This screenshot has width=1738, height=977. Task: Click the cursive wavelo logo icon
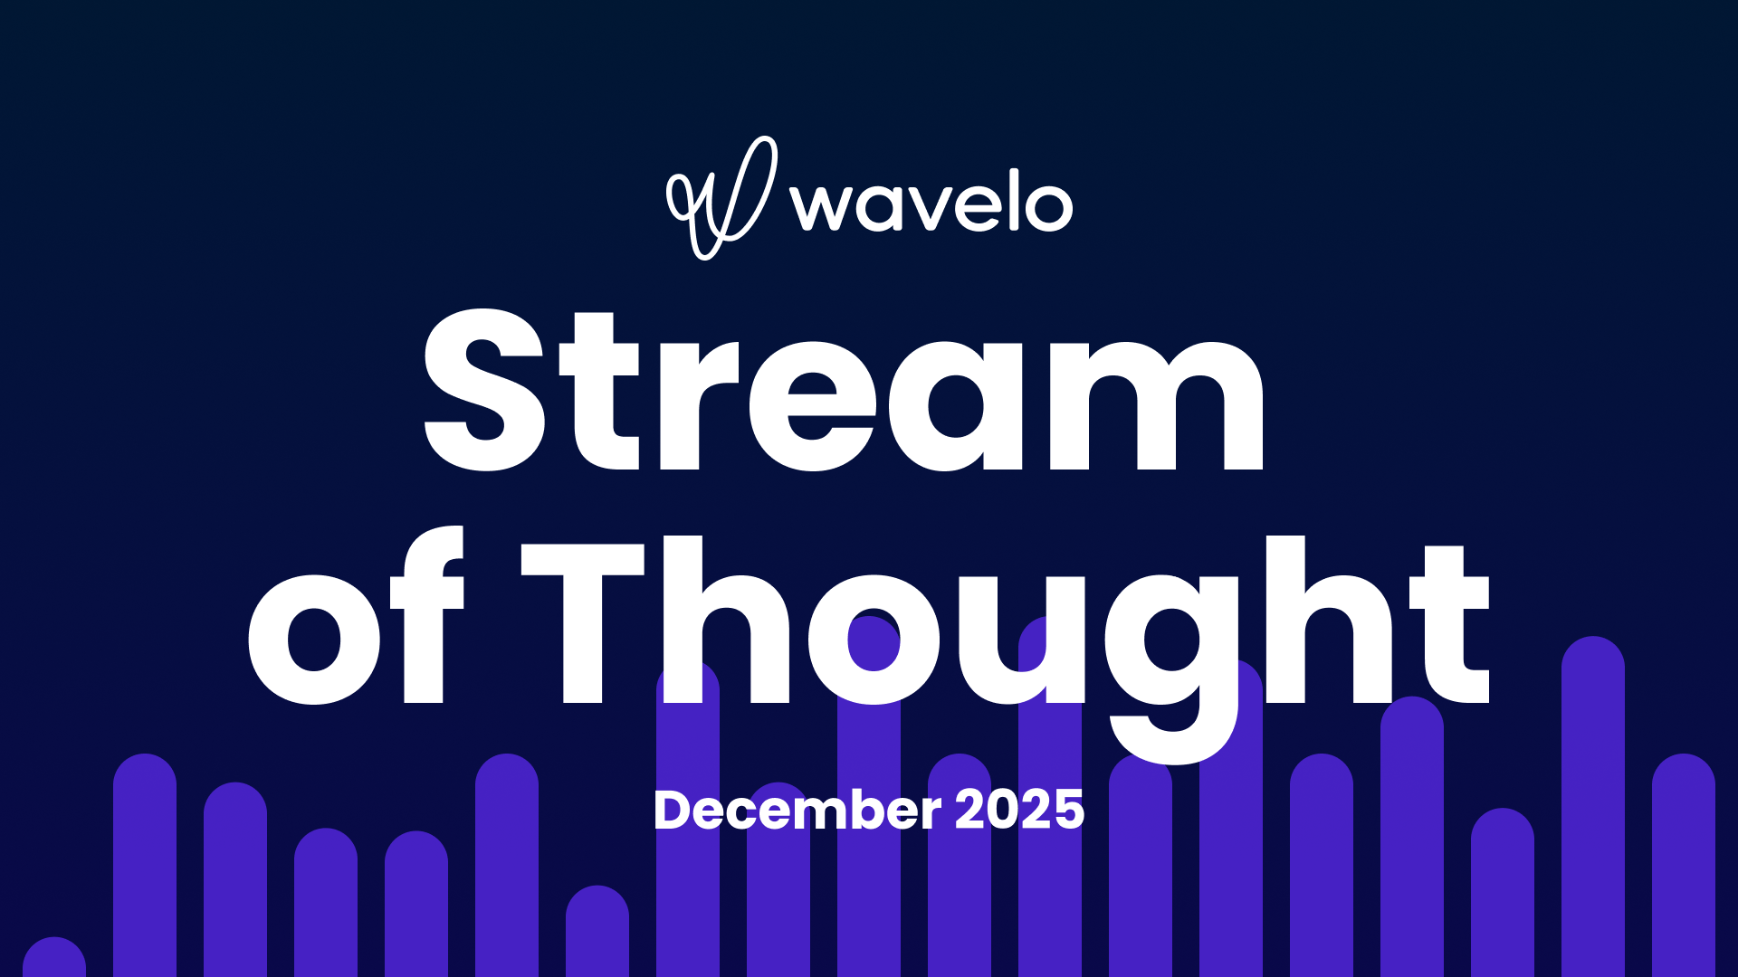(721, 197)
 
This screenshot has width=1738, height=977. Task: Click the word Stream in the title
(844, 391)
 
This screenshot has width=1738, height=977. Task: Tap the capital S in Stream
(485, 391)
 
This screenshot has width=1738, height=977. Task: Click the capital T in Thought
(583, 624)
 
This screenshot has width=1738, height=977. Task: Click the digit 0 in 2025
(1005, 810)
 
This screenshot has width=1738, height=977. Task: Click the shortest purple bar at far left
(54, 959)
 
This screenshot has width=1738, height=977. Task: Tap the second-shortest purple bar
(597, 932)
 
